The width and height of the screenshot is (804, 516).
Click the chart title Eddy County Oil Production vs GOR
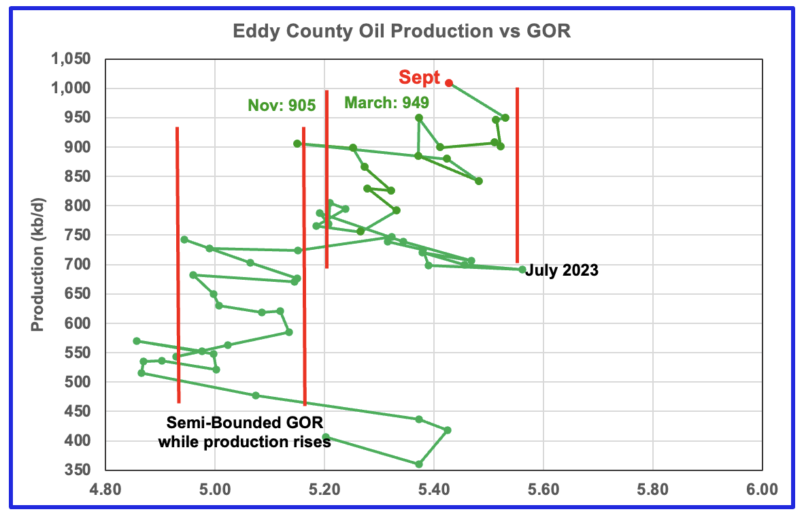coord(401,31)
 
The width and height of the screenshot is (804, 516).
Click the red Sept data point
coord(449,82)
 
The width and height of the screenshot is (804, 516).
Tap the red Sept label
coord(420,77)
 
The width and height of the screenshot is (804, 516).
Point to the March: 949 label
coord(386,103)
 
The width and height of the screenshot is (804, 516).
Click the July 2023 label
coord(562,270)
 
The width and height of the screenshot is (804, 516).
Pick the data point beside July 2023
coord(522,269)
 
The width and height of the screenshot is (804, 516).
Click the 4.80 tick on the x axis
coord(105,489)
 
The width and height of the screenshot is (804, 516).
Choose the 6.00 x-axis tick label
coord(762,489)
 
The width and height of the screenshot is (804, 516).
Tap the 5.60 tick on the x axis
coord(543,489)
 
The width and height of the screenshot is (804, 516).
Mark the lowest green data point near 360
coord(419,464)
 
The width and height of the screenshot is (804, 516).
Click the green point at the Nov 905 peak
coord(297,144)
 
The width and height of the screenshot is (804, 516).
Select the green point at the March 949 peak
coord(419,118)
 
